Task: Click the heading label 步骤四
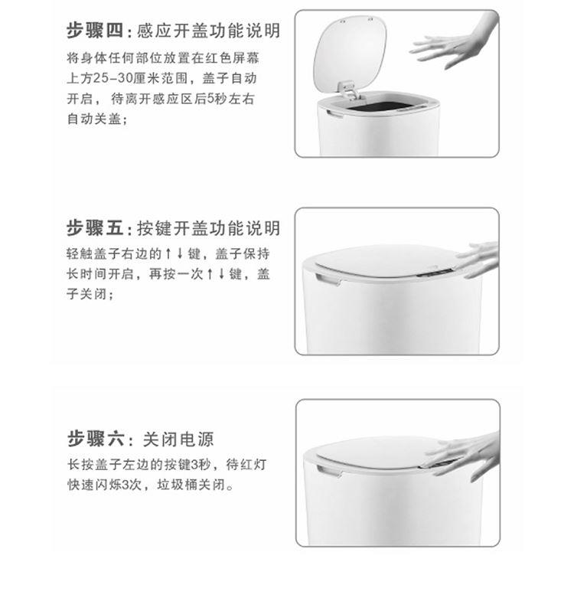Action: pyautogui.click(x=95, y=31)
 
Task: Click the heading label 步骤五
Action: pyautogui.click(x=95, y=228)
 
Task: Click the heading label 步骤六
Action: pyautogui.click(x=96, y=439)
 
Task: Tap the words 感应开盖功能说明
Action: pyautogui.click(x=208, y=31)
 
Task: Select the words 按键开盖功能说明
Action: pyautogui.click(x=208, y=228)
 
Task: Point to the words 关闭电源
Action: pyautogui.click(x=178, y=439)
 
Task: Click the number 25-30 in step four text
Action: pyautogui.click(x=113, y=78)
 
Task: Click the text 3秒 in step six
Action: pyautogui.click(x=201, y=464)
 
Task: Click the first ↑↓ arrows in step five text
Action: pyautogui.click(x=174, y=253)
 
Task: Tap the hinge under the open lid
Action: pyautogui.click(x=349, y=90)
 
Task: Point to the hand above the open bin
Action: pyautogui.click(x=453, y=41)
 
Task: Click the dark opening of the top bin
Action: pyautogui.click(x=381, y=106)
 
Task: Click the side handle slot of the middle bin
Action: pyautogui.click(x=328, y=279)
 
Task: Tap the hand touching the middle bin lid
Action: pyautogui.click(x=478, y=259)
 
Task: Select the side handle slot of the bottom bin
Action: pyautogui.click(x=329, y=470)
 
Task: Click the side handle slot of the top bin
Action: pyautogui.click(x=334, y=113)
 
